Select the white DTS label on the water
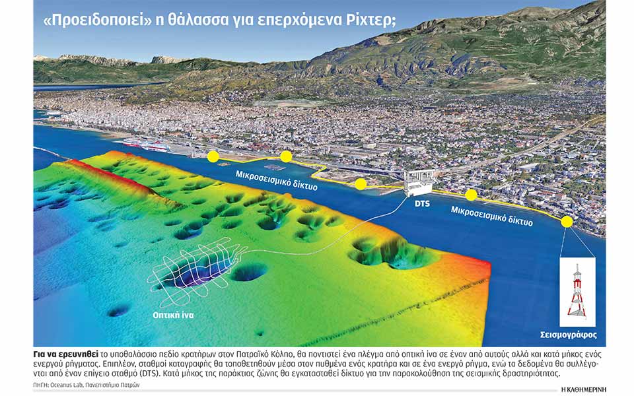421,204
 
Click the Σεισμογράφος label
578,335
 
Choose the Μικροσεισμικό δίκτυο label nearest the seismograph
492,215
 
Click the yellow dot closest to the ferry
213,156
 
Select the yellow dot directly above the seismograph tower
567,222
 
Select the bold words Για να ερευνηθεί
63,352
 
